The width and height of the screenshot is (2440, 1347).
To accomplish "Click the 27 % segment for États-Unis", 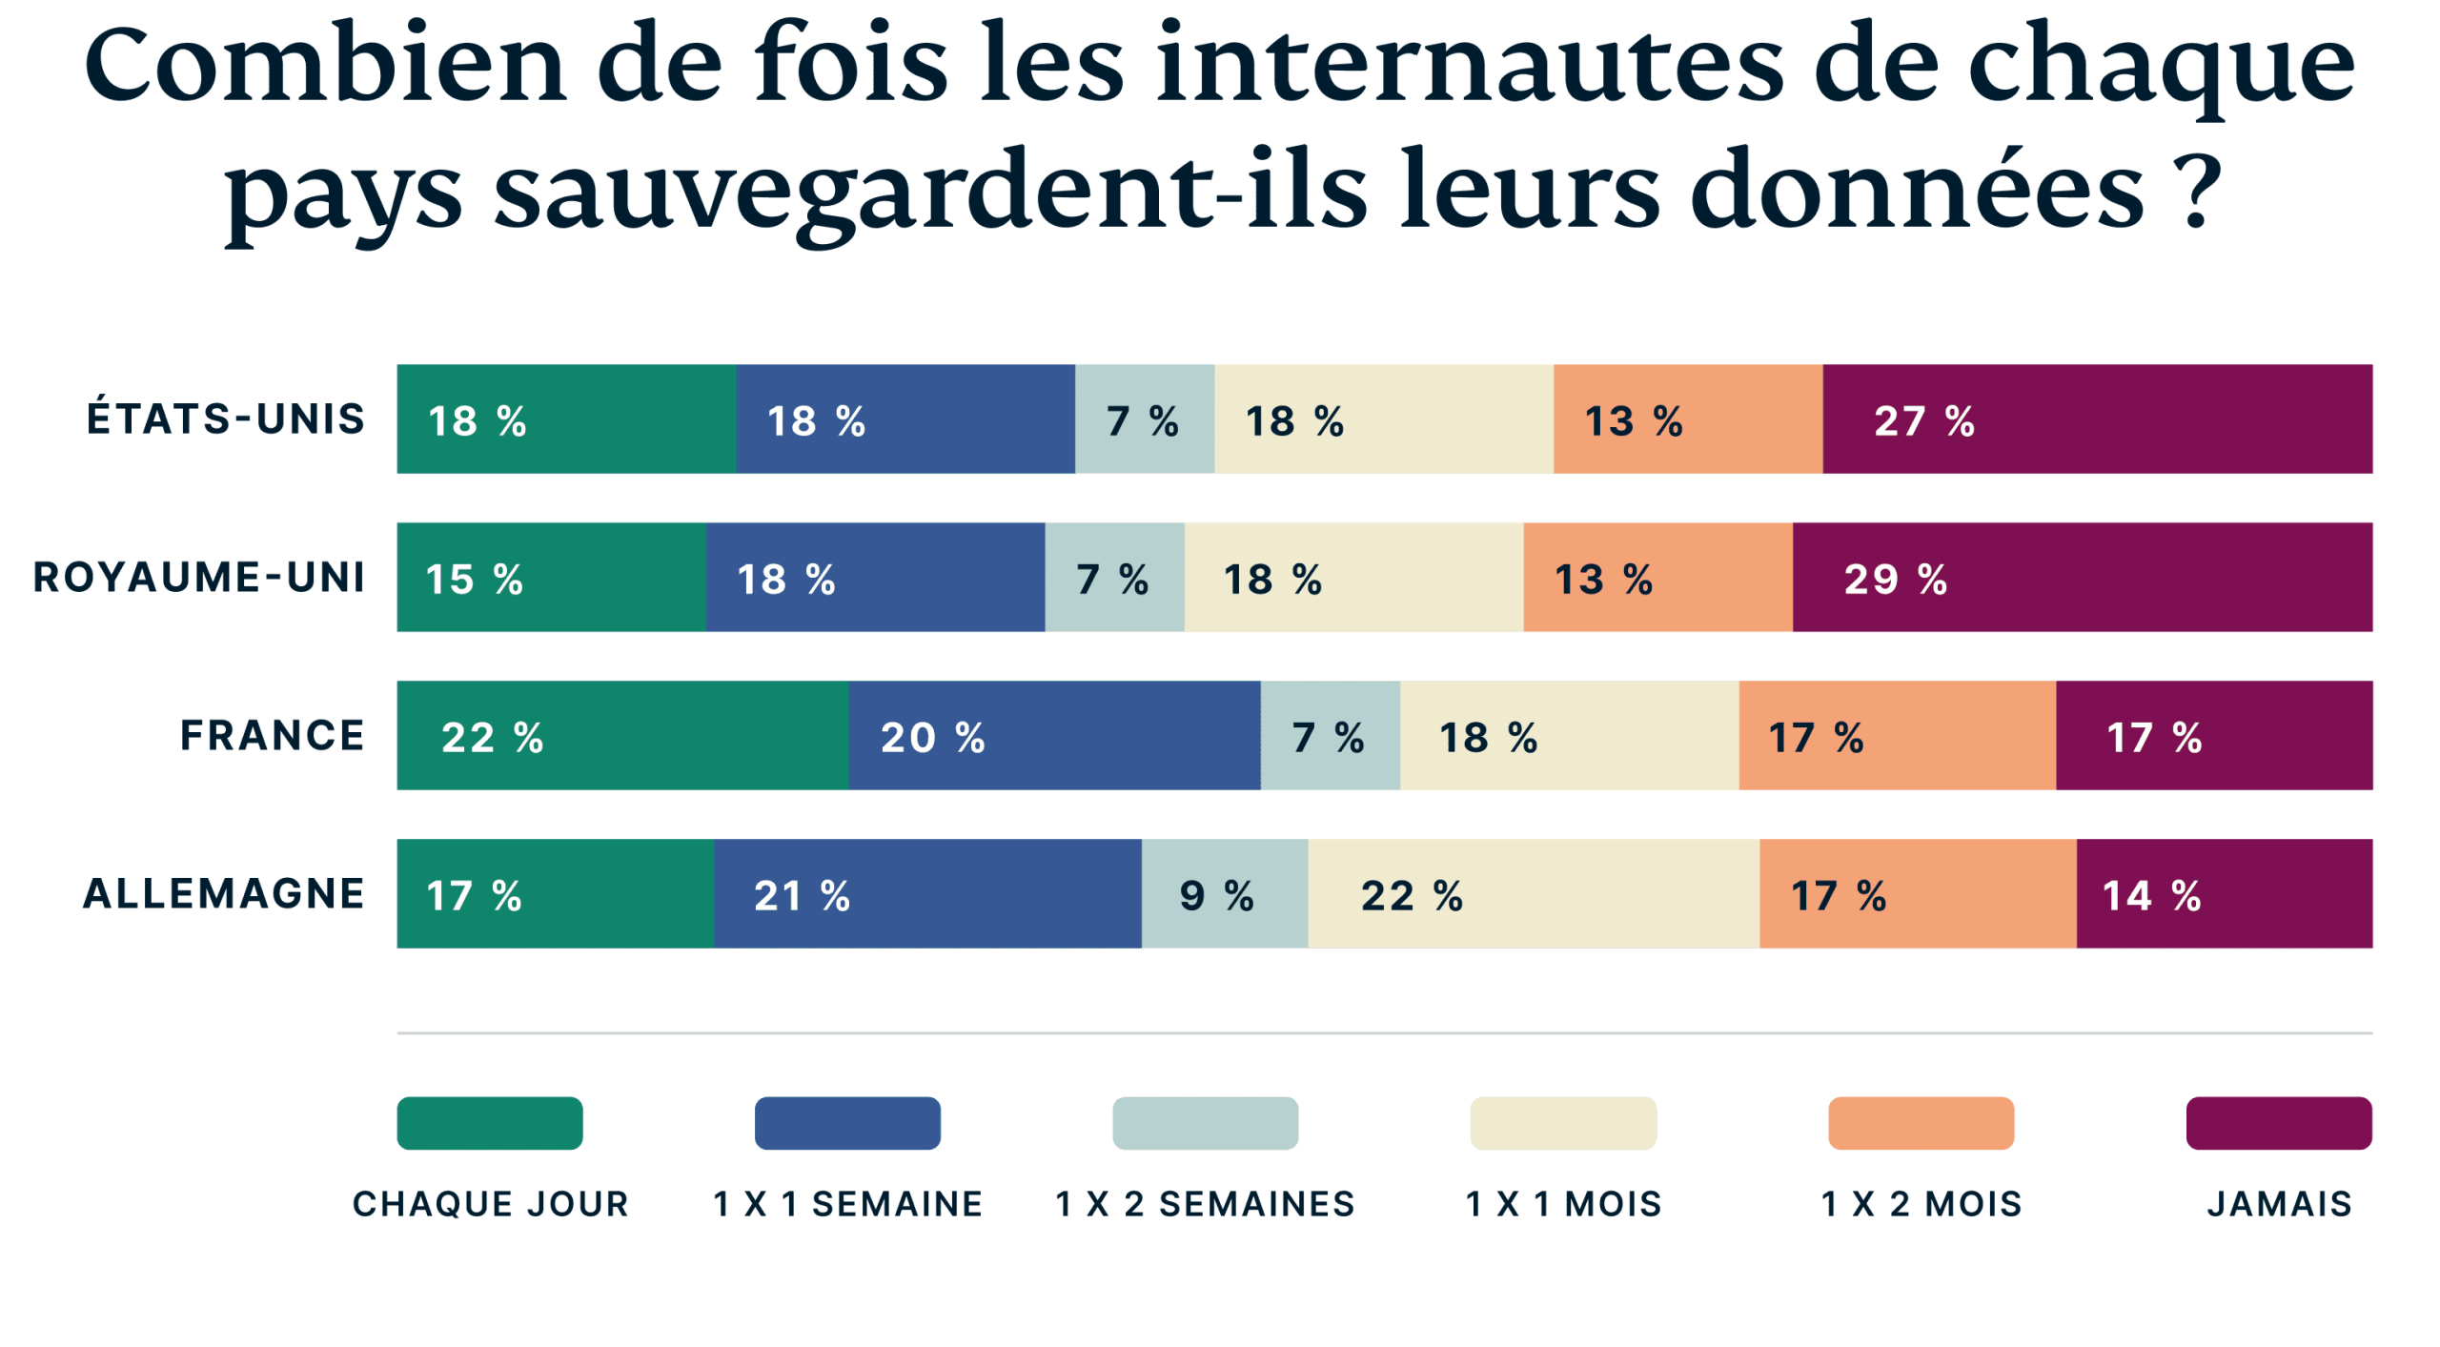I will [x=2097, y=419].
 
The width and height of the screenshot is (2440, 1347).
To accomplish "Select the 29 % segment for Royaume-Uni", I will [x=2083, y=578].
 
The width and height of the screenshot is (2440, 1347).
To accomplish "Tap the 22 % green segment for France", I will [x=621, y=736].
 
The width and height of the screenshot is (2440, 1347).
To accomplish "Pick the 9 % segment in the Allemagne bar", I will [x=1224, y=894].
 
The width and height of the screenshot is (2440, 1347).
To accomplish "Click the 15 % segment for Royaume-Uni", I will [x=551, y=578].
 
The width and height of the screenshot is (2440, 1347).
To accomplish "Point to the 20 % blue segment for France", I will [x=1054, y=736].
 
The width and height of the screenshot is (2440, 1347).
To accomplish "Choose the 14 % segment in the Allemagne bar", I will [x=2225, y=894].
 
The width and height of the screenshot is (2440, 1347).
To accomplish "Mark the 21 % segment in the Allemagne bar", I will [x=926, y=894].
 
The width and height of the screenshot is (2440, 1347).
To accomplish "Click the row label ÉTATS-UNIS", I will [x=226, y=419].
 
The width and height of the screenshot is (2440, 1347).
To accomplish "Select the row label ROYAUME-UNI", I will [x=199, y=578].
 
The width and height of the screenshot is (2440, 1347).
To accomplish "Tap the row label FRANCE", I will [x=273, y=736].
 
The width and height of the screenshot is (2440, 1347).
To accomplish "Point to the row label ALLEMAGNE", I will [x=224, y=894].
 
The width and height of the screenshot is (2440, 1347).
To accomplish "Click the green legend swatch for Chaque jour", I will [x=489, y=1123].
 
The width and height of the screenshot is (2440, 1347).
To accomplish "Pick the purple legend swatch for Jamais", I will [x=2278, y=1123].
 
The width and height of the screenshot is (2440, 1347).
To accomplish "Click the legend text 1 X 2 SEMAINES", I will [x=1205, y=1204].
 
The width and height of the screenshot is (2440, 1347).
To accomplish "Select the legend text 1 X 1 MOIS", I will [x=1563, y=1204].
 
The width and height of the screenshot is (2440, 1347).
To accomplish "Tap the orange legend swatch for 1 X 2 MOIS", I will [x=1921, y=1123].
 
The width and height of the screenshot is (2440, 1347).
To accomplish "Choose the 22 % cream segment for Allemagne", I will [x=1533, y=894].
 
